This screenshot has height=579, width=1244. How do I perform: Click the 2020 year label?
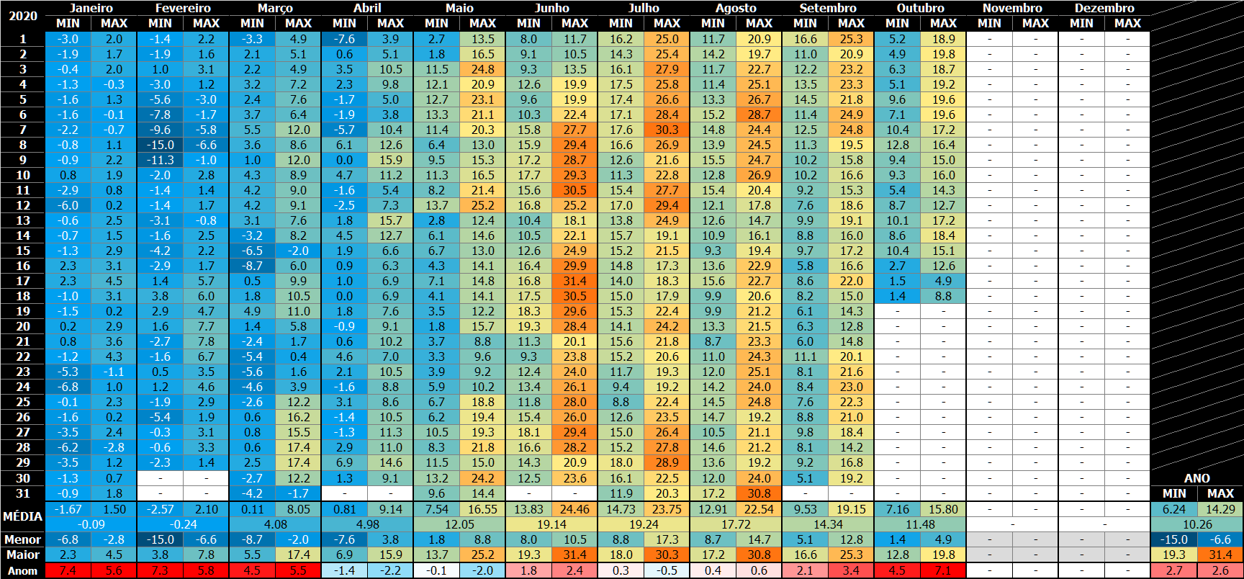(22, 16)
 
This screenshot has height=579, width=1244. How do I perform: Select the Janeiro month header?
(91, 8)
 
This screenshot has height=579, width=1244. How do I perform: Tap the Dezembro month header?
(1104, 8)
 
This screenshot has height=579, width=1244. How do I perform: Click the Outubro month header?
(920, 8)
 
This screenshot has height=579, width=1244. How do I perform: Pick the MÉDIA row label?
(22, 516)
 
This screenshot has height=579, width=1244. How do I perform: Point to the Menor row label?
(22, 539)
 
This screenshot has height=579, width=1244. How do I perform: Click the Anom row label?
(22, 570)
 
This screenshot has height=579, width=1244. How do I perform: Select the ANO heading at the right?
(1197, 478)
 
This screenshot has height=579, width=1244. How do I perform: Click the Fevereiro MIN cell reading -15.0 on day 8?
(160, 145)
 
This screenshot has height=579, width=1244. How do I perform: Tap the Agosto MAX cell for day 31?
(759, 493)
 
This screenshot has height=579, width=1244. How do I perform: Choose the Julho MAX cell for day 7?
(667, 130)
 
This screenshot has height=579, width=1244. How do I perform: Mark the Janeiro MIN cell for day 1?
(68, 39)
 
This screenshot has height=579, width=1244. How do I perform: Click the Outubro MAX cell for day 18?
(943, 296)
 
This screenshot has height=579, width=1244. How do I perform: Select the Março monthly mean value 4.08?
(275, 524)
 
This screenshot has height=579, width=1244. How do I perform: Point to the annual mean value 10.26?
(1197, 524)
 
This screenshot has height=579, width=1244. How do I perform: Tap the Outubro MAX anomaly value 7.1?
(943, 570)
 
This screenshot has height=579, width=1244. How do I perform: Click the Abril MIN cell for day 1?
(344, 39)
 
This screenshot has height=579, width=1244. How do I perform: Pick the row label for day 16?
(22, 266)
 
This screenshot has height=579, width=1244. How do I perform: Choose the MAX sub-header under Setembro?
(851, 23)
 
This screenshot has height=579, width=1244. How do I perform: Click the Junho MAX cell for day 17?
(574, 281)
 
